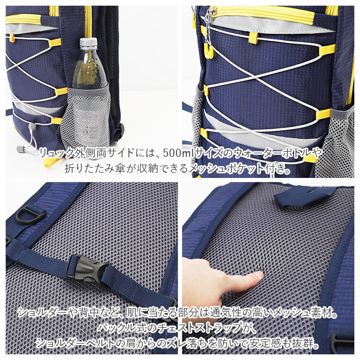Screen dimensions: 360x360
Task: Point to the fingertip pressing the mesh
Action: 259,275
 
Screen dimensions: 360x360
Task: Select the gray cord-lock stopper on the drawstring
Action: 32,126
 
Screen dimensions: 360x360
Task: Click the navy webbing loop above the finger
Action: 301,195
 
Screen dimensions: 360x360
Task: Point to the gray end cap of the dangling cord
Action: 21,149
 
